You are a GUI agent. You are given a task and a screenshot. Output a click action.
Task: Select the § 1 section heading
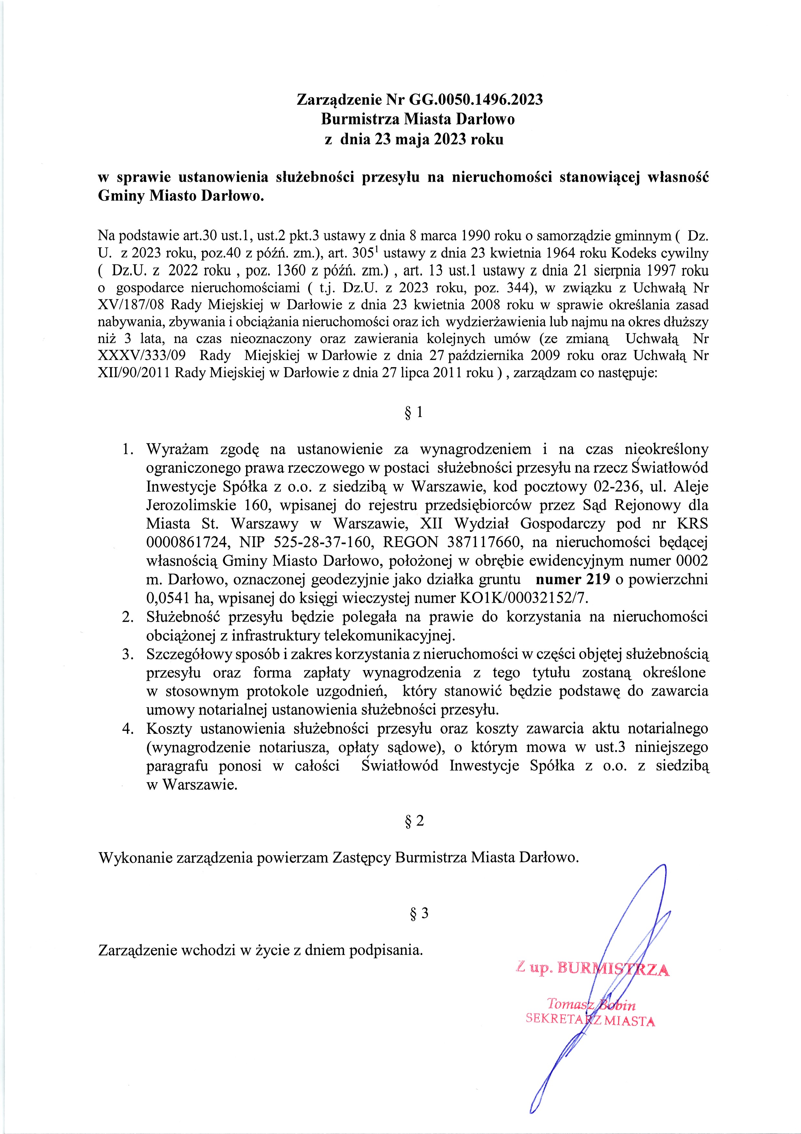(413, 412)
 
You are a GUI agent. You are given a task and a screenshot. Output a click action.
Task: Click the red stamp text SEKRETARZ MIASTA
(590, 1021)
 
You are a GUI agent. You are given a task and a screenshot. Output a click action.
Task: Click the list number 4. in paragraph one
(128, 729)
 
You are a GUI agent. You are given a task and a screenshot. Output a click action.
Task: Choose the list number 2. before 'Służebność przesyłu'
(128, 617)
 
